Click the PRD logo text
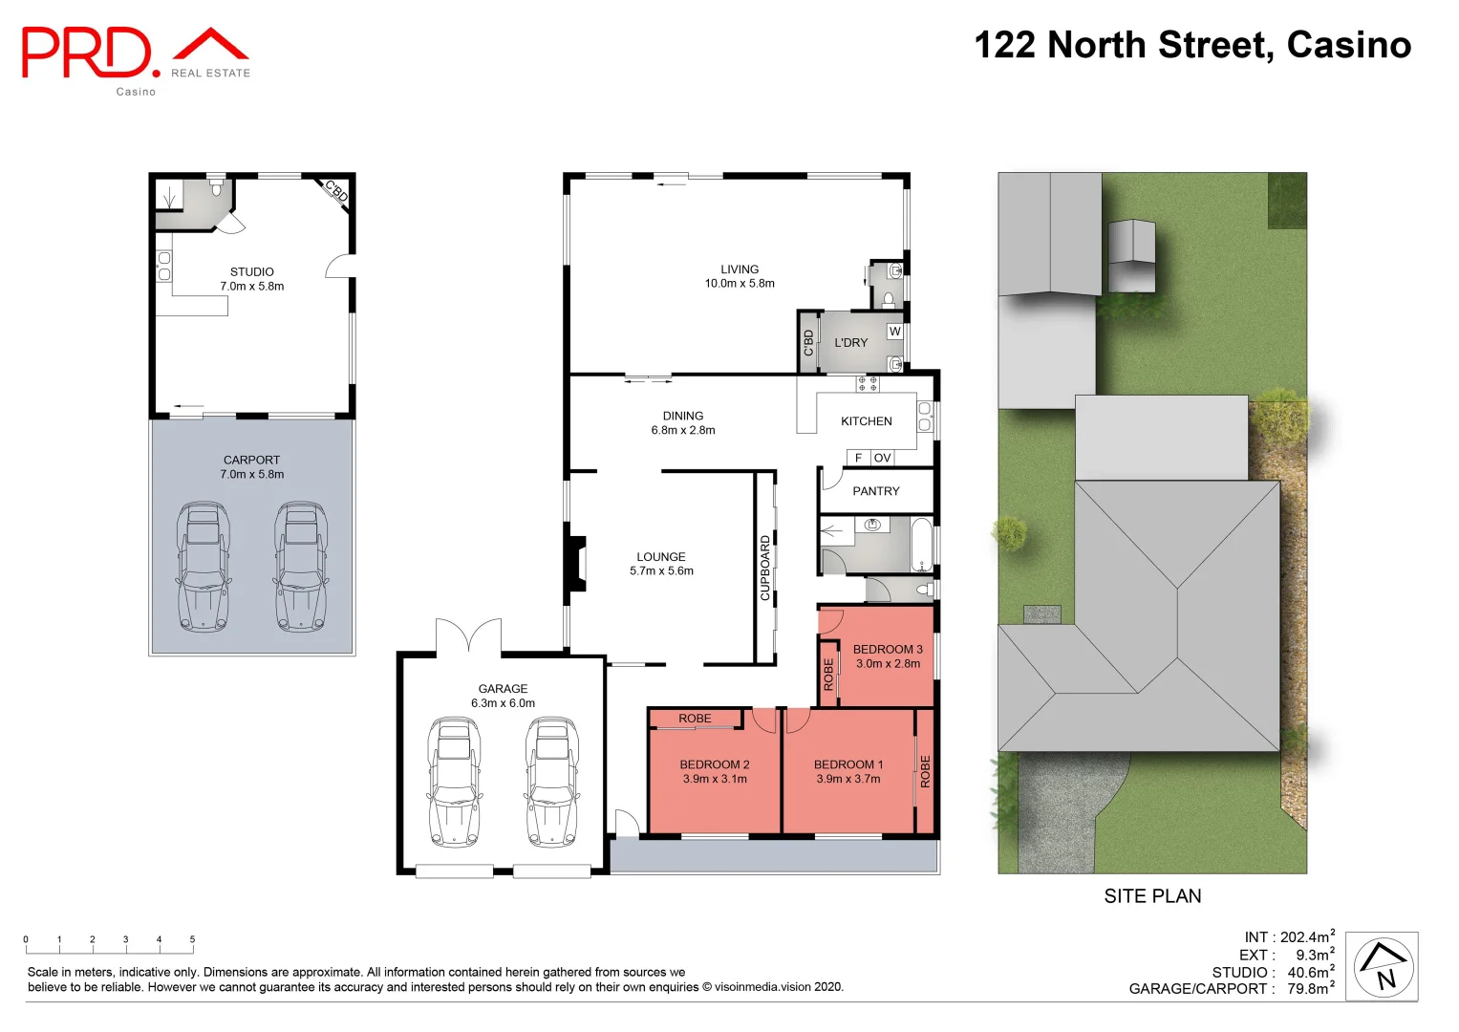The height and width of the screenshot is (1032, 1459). coord(88,53)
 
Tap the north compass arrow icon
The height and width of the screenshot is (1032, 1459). coord(1383,966)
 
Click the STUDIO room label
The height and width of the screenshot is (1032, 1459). coord(252,272)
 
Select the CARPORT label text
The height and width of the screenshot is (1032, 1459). coord(252,460)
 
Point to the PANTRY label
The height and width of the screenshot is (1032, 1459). coord(876,491)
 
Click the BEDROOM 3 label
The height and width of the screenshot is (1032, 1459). coord(888,650)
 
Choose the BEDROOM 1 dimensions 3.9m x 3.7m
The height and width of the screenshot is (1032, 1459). coord(848,779)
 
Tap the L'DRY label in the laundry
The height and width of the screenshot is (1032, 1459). coord(851,342)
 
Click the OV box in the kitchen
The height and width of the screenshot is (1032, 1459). coord(883,458)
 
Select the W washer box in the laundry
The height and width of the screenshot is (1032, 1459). coord(895,332)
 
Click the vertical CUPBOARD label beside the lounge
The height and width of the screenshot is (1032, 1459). coord(765,568)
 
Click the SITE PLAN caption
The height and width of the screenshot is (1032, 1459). coord(1152,896)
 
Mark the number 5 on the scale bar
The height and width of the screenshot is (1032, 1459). coord(192,939)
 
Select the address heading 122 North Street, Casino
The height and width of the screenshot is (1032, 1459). coord(1192,45)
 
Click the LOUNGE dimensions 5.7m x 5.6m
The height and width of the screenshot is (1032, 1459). coord(661,571)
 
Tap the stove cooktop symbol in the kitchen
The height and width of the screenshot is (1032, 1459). coord(868,383)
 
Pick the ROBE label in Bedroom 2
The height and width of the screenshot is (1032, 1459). coord(695,719)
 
